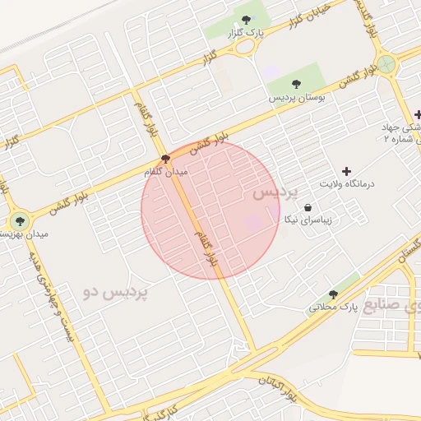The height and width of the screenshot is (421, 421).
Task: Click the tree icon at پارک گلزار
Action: pyautogui.click(x=246, y=19)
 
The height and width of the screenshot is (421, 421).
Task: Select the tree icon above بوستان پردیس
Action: pyautogui.click(x=296, y=84)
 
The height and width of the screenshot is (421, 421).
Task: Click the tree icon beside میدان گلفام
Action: pyautogui.click(x=166, y=159)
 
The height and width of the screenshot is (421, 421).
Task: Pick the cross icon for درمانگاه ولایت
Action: pyautogui.click(x=345, y=170)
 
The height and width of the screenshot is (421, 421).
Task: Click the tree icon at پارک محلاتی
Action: pyautogui.click(x=333, y=294)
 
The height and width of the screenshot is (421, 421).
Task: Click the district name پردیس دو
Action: pyautogui.click(x=115, y=291)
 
